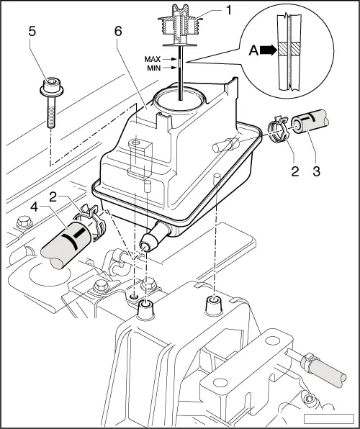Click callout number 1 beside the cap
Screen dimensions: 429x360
point(210,12)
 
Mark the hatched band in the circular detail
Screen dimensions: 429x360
point(294,52)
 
